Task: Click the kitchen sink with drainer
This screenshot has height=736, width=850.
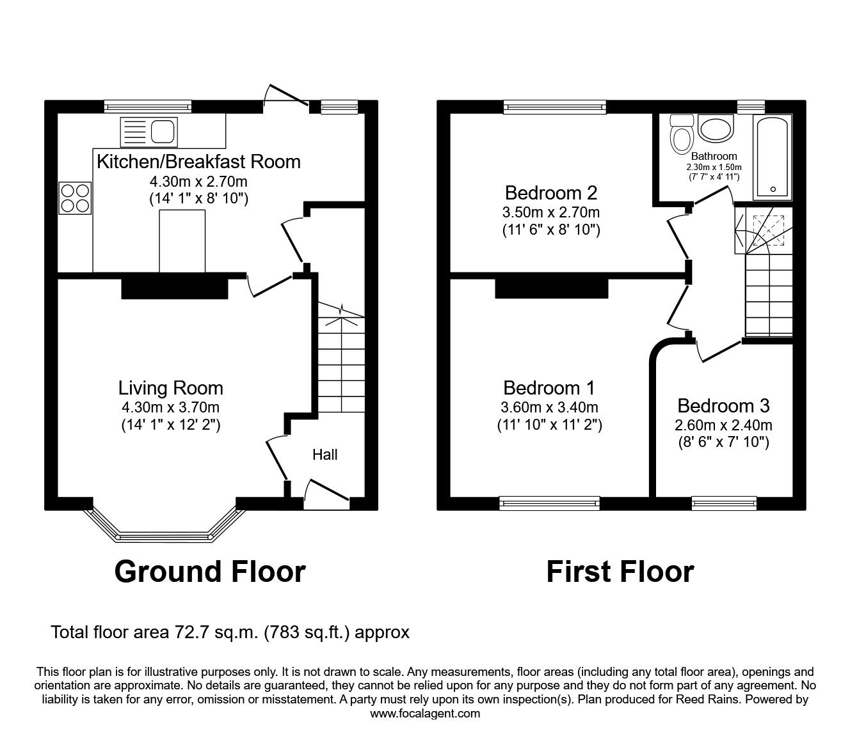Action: pyautogui.click(x=149, y=132)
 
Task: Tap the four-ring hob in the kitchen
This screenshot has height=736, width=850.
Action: pyautogui.click(x=75, y=198)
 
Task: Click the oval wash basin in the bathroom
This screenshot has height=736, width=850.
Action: pyautogui.click(x=716, y=129)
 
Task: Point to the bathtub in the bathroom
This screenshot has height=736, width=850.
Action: pyautogui.click(x=773, y=157)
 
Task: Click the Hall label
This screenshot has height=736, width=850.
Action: pyautogui.click(x=325, y=455)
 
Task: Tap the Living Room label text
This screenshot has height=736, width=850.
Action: pyautogui.click(x=171, y=388)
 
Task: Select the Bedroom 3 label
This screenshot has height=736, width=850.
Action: pyautogui.click(x=723, y=406)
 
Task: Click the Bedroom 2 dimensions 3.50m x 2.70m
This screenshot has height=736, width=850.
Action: pyautogui.click(x=551, y=212)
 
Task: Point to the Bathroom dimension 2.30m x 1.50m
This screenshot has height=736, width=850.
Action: pyautogui.click(x=714, y=168)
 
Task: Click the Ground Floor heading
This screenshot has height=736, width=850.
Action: pyautogui.click(x=210, y=572)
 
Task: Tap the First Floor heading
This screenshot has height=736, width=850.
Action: pyautogui.click(x=620, y=572)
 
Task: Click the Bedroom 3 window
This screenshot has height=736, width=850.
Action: pyautogui.click(x=724, y=503)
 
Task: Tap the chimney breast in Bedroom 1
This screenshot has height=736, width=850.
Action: pyautogui.click(x=552, y=288)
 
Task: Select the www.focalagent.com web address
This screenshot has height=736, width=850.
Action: pyautogui.click(x=425, y=714)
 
